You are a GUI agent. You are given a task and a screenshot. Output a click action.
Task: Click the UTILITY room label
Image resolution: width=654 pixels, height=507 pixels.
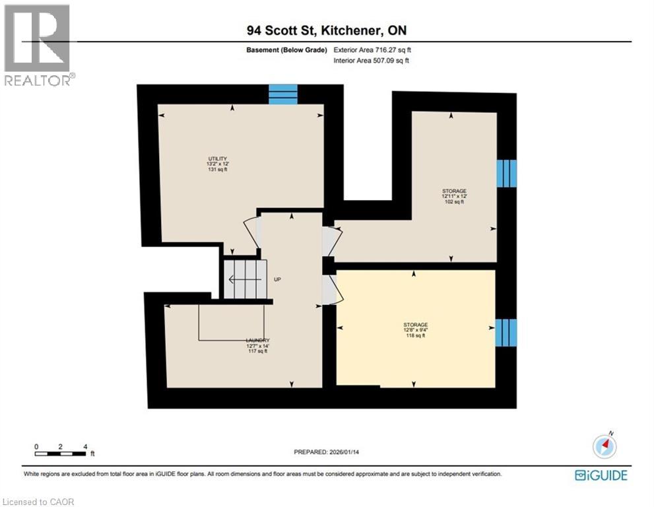(218, 159)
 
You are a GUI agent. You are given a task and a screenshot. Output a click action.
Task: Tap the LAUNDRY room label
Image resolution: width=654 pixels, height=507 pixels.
(258, 341)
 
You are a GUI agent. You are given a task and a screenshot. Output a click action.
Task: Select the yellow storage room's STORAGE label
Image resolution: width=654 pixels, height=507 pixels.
(416, 325)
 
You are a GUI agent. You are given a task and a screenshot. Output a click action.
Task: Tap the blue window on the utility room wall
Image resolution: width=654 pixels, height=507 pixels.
(283, 94)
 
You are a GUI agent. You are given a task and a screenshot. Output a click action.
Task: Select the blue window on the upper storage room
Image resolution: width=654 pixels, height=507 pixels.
(506, 174)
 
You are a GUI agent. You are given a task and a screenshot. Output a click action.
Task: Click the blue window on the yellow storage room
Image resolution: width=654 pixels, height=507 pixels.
(506, 333)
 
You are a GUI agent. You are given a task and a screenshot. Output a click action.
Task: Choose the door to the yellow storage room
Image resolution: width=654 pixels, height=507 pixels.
(330, 290)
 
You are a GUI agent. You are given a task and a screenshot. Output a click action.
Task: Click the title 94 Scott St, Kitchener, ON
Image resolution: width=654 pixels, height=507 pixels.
(327, 31)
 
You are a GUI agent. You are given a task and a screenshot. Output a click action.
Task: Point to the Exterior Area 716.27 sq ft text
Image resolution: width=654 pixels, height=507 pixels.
(375, 50)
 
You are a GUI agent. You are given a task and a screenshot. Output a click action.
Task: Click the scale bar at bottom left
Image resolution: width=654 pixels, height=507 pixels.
(61, 453)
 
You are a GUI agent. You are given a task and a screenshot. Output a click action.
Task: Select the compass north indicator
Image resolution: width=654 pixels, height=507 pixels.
(605, 446)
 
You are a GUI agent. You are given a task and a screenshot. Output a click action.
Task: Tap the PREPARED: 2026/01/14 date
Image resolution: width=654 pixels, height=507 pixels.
(329, 452)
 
